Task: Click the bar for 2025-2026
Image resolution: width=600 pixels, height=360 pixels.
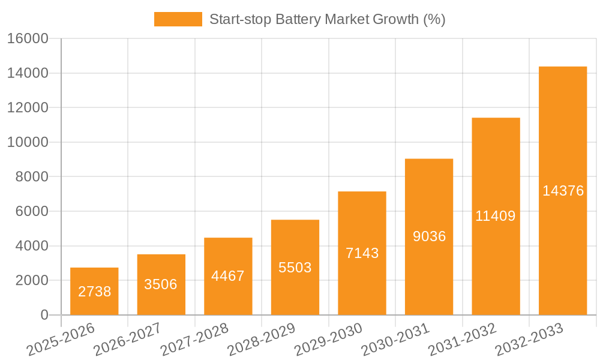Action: (94, 291)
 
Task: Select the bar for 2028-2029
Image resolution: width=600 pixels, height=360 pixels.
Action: (295, 267)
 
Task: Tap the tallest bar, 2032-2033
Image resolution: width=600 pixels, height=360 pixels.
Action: (562, 191)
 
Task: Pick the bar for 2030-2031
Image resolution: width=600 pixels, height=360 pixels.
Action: (429, 236)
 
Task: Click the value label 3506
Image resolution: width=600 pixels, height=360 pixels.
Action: (161, 284)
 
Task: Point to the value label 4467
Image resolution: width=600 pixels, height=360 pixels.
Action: (228, 276)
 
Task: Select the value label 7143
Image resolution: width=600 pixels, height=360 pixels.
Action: (362, 253)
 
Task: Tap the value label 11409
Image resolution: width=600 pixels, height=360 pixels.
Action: (496, 216)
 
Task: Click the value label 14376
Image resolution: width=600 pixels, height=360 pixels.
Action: (563, 191)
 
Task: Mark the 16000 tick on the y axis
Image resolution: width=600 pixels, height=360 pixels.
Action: (27, 39)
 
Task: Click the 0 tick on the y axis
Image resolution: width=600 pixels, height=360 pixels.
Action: (44, 315)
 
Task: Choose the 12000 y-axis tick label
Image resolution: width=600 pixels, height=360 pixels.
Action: (27, 108)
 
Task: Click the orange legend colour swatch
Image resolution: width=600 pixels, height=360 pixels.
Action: (178, 19)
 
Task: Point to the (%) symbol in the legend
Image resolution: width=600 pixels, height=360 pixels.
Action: (434, 19)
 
